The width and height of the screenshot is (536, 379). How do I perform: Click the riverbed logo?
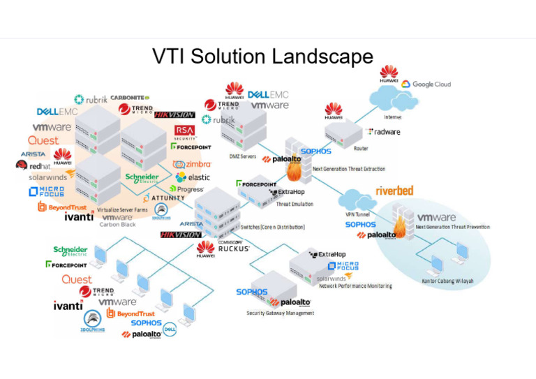(395, 191)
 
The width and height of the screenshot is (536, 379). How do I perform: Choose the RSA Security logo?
(184, 132)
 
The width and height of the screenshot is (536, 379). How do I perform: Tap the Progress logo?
(191, 189)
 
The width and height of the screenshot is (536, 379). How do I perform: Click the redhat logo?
(35, 166)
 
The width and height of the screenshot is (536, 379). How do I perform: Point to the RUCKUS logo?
(234, 248)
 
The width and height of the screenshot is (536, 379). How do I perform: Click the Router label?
(362, 149)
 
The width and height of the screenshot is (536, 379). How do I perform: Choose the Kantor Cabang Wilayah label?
(447, 281)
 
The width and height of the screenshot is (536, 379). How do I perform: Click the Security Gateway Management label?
(280, 313)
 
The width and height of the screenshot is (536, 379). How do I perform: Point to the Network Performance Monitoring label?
(355, 286)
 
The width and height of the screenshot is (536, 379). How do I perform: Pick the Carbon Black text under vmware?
(118, 225)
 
